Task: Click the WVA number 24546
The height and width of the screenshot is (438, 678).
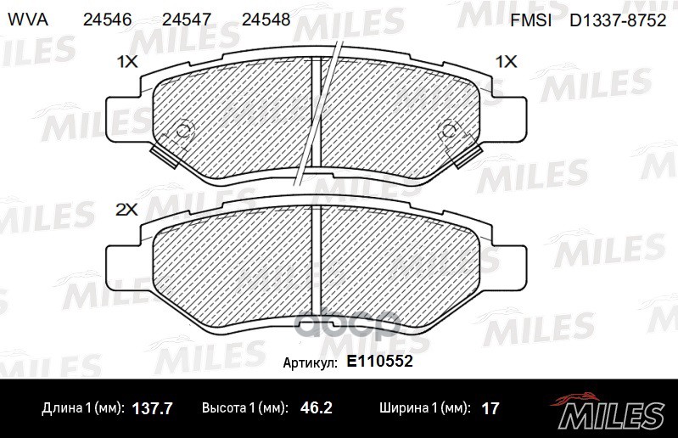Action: [107, 20]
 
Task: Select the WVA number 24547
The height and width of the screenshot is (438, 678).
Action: [187, 20]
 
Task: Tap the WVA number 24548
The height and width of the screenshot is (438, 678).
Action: [266, 20]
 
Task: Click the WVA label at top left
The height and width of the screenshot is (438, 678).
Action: [28, 20]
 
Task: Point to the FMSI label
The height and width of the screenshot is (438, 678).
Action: [530, 20]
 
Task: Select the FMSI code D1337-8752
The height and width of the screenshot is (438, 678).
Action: [618, 20]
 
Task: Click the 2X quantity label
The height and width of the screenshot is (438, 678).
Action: [126, 210]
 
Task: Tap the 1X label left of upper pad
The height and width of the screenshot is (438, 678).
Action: [127, 62]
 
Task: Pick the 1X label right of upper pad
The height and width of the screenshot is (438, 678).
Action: [506, 62]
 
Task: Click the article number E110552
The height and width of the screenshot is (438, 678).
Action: [379, 361]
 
